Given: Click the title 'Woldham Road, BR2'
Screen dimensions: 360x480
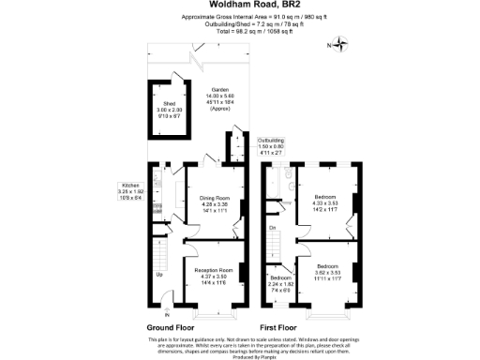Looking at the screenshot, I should click(239, 6).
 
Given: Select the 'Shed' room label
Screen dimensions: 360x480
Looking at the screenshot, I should click(170, 103).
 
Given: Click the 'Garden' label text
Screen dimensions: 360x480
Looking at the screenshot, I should click(220, 91).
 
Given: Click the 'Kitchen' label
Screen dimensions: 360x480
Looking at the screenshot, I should click(128, 186).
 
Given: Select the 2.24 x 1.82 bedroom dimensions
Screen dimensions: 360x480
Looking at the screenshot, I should click(281, 284).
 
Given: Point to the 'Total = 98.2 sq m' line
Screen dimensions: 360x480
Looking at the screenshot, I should click(239, 31).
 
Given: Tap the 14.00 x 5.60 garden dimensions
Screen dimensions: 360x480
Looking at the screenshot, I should click(220, 97).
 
